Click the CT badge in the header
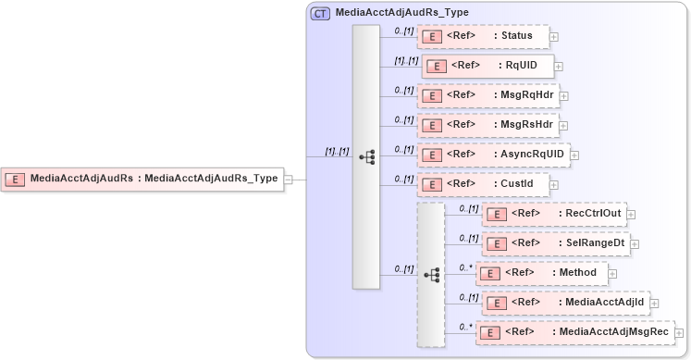(320, 13)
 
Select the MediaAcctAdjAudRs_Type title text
(401, 13)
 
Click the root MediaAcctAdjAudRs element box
(142, 179)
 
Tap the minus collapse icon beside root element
(289, 180)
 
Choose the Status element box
(483, 37)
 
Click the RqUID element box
(487, 66)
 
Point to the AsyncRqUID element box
(493, 154)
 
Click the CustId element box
(483, 183)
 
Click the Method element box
(541, 273)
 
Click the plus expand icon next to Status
(554, 38)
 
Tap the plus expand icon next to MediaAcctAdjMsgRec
(682, 332)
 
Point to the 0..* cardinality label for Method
(465, 267)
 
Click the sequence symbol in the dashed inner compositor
(431, 275)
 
